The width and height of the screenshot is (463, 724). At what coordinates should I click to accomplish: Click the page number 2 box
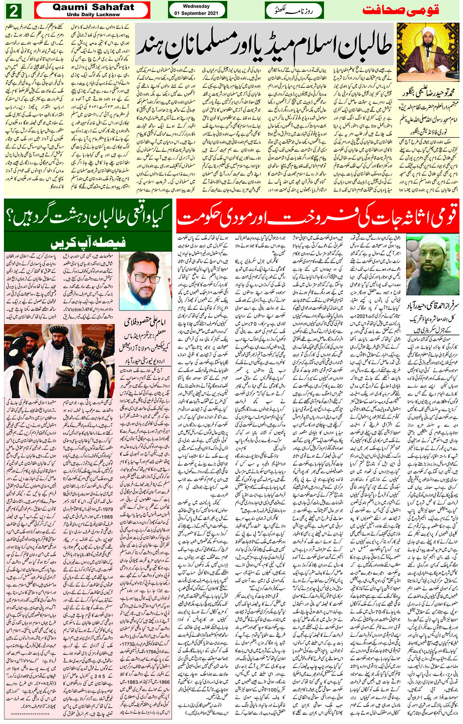(15, 10)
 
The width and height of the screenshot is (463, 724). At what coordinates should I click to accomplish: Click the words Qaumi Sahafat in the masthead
(93, 7)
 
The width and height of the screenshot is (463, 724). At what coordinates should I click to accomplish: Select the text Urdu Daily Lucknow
(93, 15)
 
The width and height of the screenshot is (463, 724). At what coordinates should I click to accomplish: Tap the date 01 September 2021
(196, 13)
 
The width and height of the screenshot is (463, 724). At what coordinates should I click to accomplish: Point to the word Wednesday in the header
(196, 6)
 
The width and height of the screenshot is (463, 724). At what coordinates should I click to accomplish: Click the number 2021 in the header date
(210, 13)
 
